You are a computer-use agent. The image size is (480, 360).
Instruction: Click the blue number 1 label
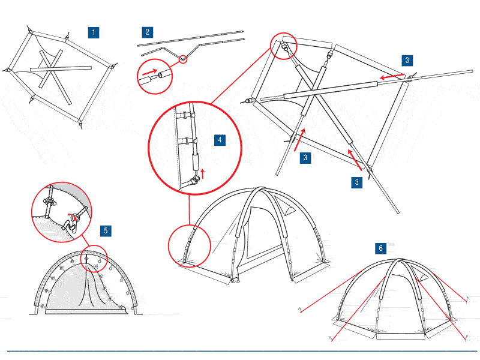click(x=93, y=32)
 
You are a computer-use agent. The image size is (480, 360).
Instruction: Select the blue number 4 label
click(x=220, y=140)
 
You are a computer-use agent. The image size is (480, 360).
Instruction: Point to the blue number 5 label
click(x=105, y=230)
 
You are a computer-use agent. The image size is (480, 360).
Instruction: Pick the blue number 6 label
click(x=380, y=247)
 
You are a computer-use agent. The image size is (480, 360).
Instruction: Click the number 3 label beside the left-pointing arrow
click(x=407, y=60)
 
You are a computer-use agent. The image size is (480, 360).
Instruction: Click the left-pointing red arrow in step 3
click(x=390, y=77)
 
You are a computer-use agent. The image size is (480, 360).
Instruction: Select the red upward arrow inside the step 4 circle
click(x=202, y=173)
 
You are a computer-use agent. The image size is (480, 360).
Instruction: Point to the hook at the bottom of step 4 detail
click(x=194, y=180)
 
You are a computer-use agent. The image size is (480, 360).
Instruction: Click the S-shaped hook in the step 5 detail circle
click(x=71, y=225)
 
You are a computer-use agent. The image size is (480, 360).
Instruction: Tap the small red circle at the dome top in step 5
click(x=93, y=257)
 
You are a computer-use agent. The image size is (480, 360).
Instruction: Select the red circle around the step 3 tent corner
click(x=283, y=46)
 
